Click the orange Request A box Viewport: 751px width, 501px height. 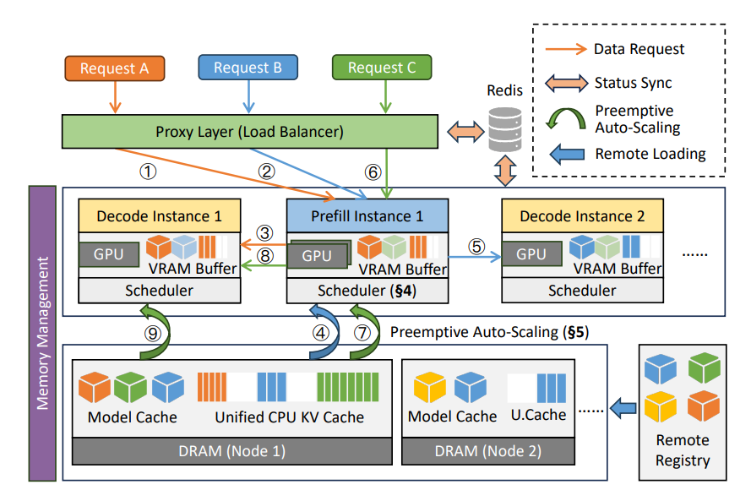(x=114, y=68)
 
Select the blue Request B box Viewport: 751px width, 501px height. (x=248, y=68)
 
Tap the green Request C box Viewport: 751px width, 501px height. (x=382, y=68)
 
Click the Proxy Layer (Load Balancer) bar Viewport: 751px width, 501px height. (x=249, y=132)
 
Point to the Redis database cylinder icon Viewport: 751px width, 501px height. (x=505, y=128)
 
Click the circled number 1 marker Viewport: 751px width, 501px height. (x=149, y=172)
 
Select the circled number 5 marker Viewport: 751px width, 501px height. (x=477, y=248)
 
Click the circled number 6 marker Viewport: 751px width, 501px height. (x=373, y=172)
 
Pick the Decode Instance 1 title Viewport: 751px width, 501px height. (x=159, y=216)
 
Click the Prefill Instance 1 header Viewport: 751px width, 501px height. (x=367, y=216)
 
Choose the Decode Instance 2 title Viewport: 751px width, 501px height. (x=582, y=216)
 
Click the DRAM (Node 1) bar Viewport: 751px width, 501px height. (x=232, y=450)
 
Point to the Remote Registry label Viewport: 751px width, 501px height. (x=683, y=450)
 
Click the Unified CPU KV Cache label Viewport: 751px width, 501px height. (x=290, y=417)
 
